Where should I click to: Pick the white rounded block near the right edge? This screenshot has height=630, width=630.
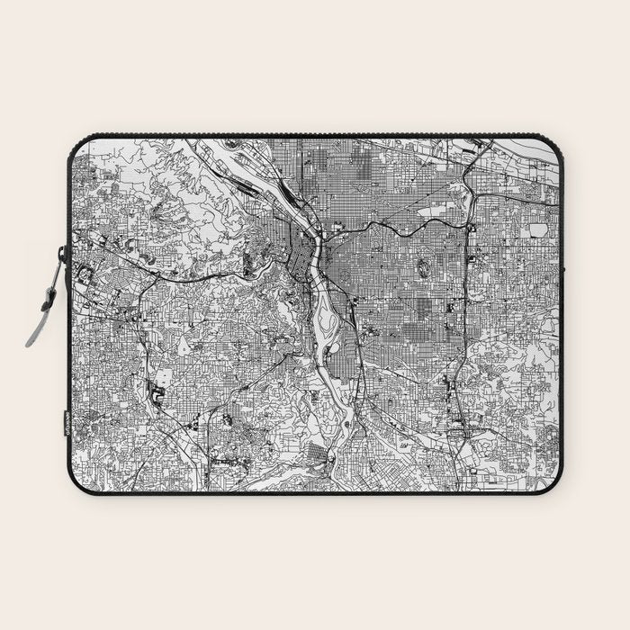[538, 230]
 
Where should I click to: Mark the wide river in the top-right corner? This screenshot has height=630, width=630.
[531, 148]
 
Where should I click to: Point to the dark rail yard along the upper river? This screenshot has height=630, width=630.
[270, 194]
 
